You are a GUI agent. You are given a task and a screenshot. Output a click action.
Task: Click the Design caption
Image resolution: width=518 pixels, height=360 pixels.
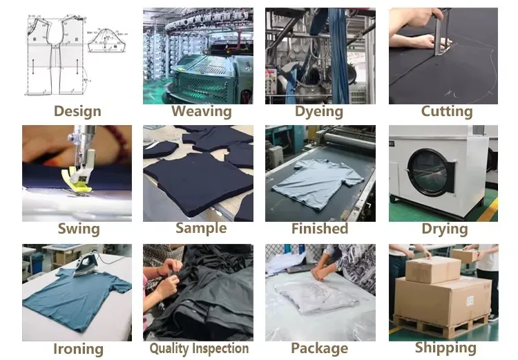pos(77,111)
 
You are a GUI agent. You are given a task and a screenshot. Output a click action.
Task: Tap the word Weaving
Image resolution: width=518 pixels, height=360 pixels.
pos(201,111)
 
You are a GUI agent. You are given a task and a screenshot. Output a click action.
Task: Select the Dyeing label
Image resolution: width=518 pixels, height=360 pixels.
pos(319,112)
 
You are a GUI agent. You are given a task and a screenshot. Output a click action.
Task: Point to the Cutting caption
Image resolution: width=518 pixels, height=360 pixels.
pos(447,111)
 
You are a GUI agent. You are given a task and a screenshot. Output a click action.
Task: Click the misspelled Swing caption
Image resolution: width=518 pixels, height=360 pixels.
pos(79,229)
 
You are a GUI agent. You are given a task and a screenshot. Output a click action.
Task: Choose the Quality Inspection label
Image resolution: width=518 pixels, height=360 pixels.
pos(199,348)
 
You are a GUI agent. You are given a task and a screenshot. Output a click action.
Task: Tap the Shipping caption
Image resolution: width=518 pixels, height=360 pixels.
pos(445,348)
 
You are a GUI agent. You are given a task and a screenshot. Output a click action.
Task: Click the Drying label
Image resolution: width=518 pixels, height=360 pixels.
pos(445,229)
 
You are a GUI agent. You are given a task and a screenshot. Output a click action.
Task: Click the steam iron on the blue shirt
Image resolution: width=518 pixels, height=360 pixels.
pos(86,263)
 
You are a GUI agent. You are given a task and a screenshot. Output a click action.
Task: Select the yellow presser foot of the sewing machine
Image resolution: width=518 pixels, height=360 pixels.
pos(77,180)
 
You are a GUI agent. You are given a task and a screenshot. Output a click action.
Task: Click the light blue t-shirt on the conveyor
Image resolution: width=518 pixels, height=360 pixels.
pos(317,184)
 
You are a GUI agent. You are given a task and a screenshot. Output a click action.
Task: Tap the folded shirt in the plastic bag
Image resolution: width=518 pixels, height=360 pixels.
pos(317,297)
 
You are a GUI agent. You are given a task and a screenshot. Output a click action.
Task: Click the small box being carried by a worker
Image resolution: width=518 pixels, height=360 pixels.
pos(465,255)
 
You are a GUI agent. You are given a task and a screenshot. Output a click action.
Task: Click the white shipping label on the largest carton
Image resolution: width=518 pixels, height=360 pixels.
pos(470,301)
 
